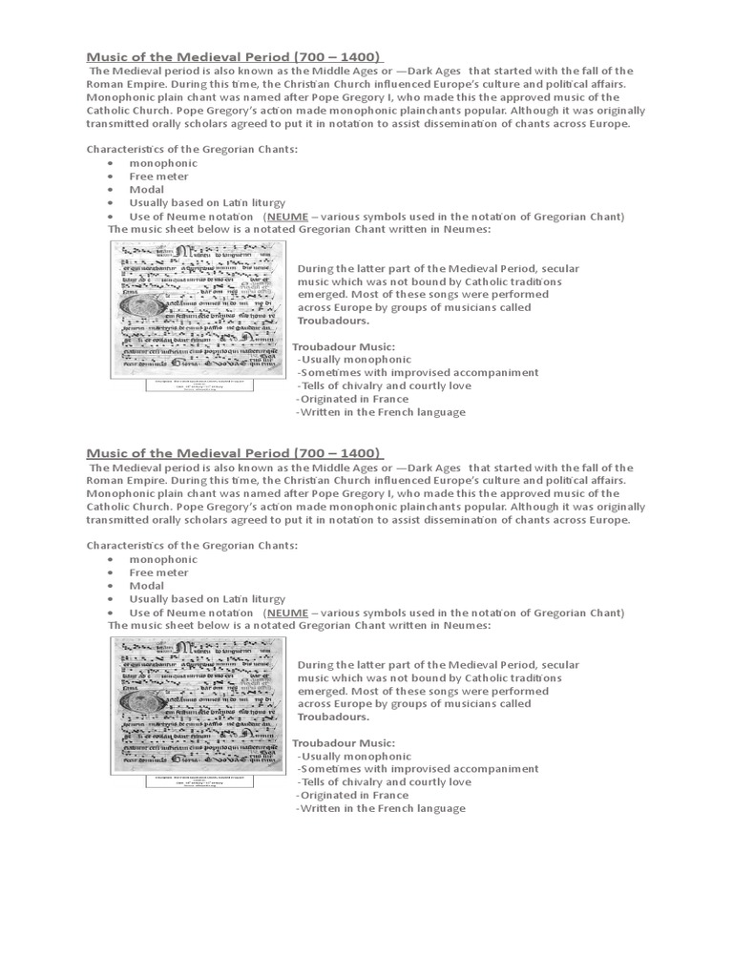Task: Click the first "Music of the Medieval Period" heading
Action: (x=235, y=55)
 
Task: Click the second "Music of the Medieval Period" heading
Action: (x=235, y=451)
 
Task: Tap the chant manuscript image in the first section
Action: (x=198, y=309)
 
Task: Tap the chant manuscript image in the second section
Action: (x=198, y=705)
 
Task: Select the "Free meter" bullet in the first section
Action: (x=159, y=177)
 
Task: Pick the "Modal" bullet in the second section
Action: (x=147, y=586)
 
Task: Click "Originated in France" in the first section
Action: (x=352, y=399)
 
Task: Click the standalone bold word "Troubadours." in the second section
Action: (x=333, y=717)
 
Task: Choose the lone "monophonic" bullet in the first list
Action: (x=164, y=163)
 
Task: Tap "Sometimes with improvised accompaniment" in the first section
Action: (x=417, y=372)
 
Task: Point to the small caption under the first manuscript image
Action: (x=198, y=385)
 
